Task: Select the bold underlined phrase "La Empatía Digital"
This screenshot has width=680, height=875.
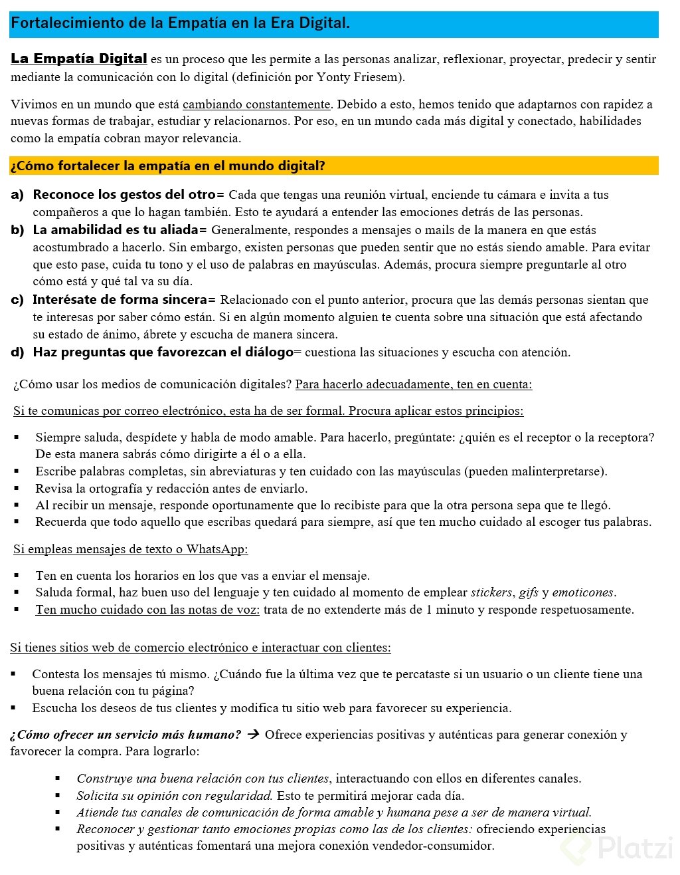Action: (x=78, y=59)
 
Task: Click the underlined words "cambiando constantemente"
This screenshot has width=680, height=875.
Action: (x=256, y=104)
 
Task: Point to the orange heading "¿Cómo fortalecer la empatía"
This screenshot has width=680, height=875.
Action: (x=168, y=166)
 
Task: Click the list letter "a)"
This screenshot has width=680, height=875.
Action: (x=17, y=195)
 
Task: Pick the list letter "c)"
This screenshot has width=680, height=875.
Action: (x=17, y=300)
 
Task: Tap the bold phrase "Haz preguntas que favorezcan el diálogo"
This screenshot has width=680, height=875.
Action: (x=163, y=352)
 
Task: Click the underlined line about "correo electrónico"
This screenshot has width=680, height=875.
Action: (x=268, y=411)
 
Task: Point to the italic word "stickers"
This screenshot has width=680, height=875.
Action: (x=491, y=592)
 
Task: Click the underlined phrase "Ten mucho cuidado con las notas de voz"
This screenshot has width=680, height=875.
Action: (x=147, y=610)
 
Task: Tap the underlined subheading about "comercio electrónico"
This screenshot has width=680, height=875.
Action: (x=200, y=648)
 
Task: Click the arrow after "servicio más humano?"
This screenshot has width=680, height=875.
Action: (x=252, y=735)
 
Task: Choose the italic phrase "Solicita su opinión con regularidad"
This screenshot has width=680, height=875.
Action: (x=174, y=796)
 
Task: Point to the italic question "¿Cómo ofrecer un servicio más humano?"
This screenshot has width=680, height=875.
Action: (x=126, y=735)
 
